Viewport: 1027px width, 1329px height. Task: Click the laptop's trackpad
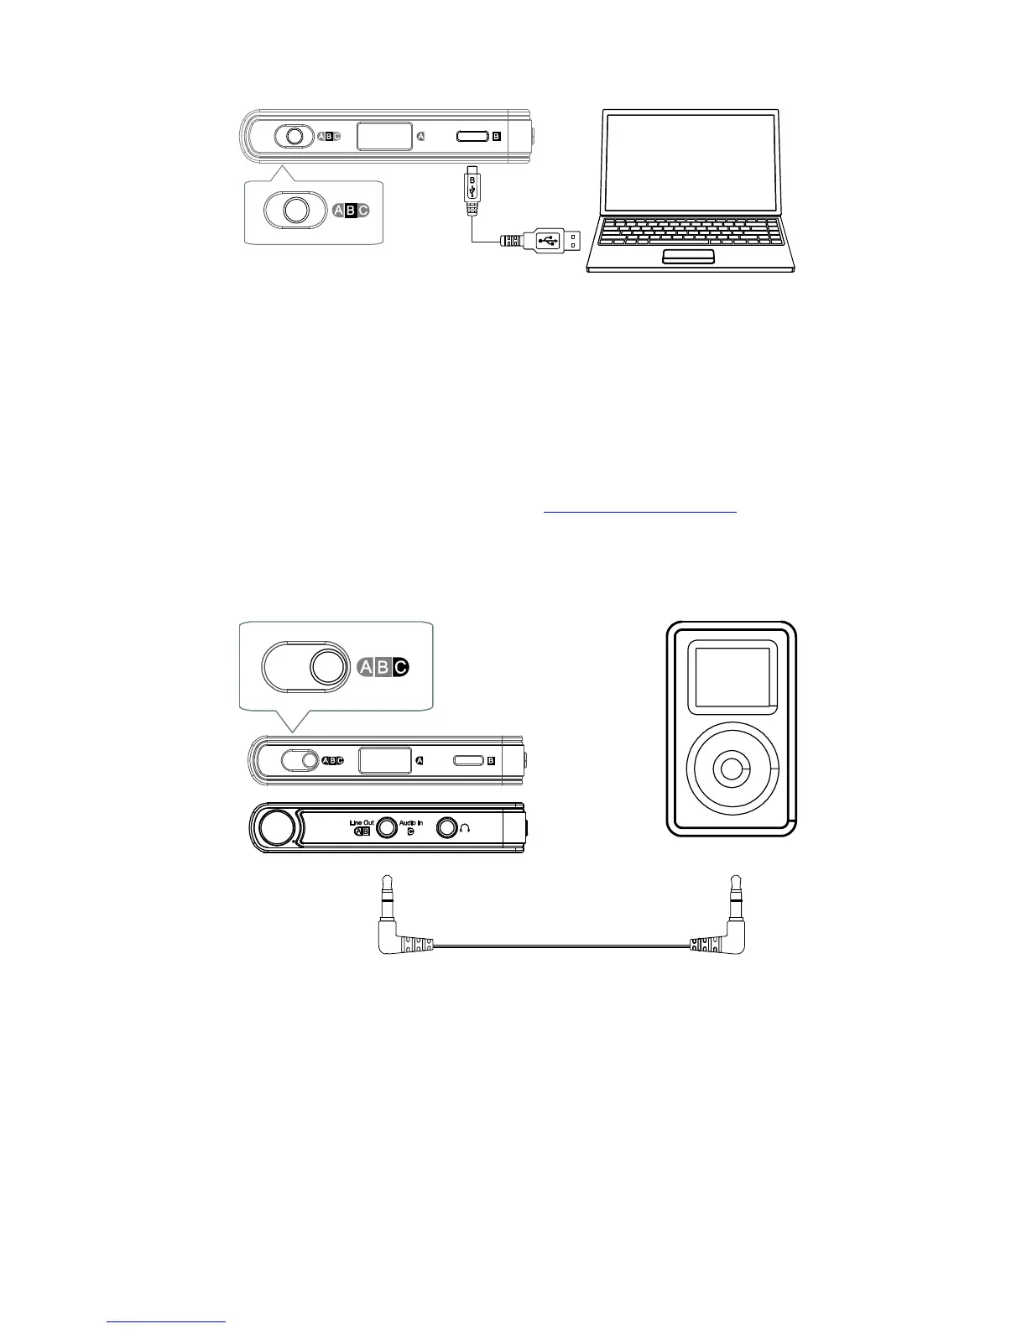(688, 256)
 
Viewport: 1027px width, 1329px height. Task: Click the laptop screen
(691, 160)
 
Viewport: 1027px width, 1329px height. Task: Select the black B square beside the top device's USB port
(496, 136)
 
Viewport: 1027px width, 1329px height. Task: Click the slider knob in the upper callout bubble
(295, 210)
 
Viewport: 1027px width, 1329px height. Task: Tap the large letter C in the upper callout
(363, 211)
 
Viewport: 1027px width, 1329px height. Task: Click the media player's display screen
(730, 676)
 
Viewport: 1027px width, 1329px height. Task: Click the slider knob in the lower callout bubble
(328, 668)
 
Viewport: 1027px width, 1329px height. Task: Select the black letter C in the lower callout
(400, 668)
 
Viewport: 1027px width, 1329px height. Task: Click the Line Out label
(362, 823)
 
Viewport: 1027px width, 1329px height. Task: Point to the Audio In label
(411, 823)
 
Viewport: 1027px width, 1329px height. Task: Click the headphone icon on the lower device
(466, 828)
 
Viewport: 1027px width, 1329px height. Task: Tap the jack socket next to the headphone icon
(446, 828)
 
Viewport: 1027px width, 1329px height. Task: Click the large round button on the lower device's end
(274, 827)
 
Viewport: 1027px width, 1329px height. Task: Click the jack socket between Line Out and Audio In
(386, 828)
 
